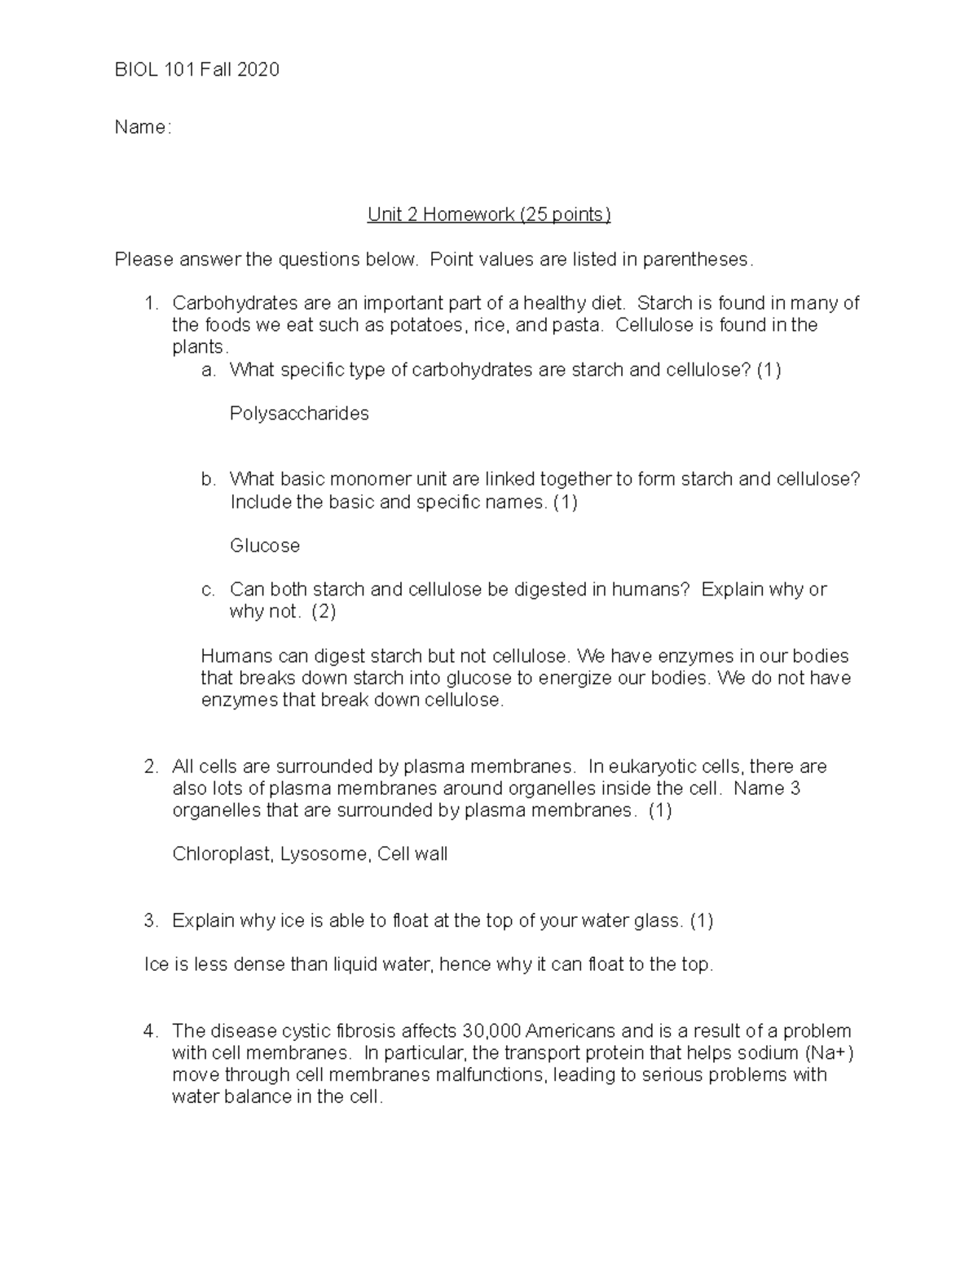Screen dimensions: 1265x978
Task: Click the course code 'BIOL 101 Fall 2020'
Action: (196, 70)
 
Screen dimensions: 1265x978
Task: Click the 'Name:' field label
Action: (143, 128)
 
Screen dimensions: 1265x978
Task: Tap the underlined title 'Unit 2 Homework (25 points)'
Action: (489, 215)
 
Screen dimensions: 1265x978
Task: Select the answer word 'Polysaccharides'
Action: (299, 414)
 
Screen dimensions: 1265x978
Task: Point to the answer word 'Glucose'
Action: (265, 546)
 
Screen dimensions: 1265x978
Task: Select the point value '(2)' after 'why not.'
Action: (324, 612)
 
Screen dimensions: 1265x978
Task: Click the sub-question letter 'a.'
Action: (209, 371)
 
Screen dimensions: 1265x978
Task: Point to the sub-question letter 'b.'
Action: (209, 480)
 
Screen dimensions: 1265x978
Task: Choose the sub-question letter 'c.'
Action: (208, 590)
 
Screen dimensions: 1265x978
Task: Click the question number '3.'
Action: (151, 921)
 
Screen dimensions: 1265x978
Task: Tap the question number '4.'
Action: (151, 1031)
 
